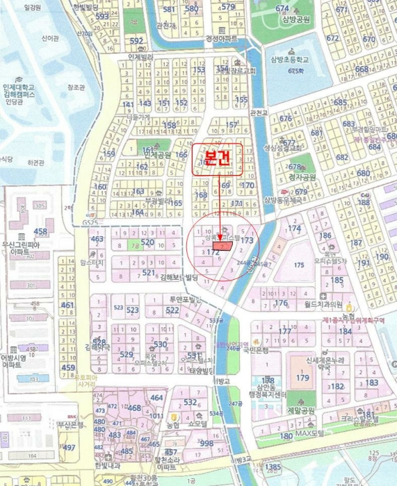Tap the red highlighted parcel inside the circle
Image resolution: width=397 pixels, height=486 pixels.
coord(222,245)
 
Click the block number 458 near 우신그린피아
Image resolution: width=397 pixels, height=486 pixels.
coord(40,231)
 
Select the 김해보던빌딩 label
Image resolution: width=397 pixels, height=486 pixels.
coord(179,277)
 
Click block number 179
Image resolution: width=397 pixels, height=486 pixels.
coord(302,378)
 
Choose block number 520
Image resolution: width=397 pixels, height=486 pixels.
coord(147,242)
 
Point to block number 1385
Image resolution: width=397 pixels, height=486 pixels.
coord(274,467)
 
